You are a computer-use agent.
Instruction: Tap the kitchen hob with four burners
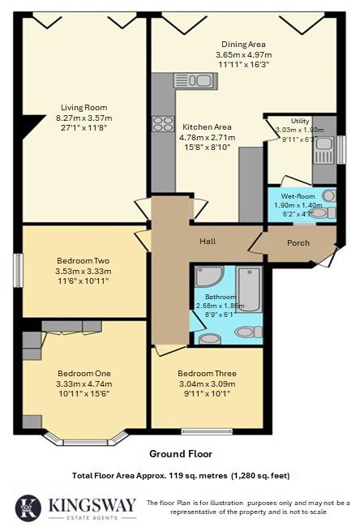(x=163, y=124)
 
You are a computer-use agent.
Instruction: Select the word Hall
(x=208, y=241)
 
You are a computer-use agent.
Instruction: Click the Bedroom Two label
(x=83, y=260)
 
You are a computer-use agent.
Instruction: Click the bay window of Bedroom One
(x=85, y=439)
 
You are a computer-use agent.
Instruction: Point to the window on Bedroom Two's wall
(x=19, y=270)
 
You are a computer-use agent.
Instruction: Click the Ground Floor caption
(x=179, y=454)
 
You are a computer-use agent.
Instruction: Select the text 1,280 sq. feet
(x=259, y=475)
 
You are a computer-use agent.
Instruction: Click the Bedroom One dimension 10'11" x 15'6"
(x=83, y=393)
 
